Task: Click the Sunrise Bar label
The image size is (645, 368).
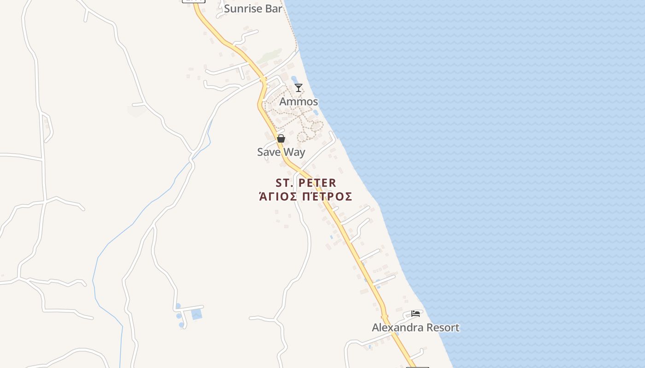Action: (253, 8)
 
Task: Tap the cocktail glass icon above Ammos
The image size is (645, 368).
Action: (299, 87)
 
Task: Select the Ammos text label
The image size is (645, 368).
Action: (299, 101)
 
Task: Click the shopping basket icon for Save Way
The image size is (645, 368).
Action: (281, 138)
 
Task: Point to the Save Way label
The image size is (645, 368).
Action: (281, 152)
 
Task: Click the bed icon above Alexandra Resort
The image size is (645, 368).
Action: (416, 314)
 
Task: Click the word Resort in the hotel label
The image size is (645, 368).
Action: (443, 328)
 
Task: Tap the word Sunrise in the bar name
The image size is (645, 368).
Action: (243, 8)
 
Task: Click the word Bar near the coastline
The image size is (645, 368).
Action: (273, 8)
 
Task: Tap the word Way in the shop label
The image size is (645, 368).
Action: (294, 152)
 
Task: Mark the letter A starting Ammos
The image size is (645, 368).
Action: (283, 101)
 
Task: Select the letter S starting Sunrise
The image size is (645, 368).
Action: (227, 8)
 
